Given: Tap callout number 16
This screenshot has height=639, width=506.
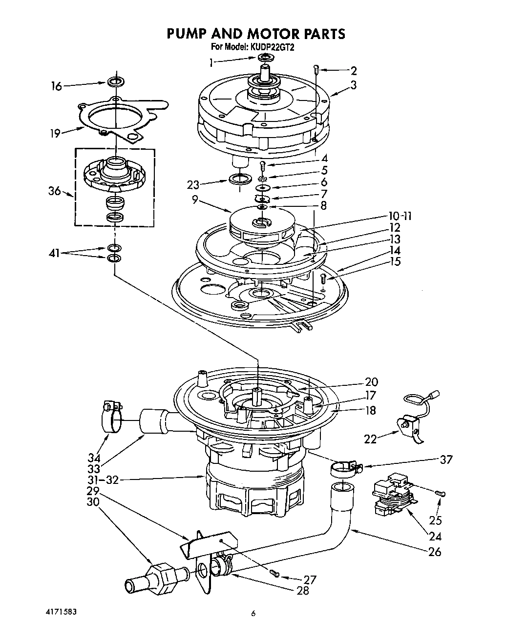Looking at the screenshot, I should coord(57,86).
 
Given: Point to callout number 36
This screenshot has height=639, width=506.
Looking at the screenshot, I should coord(54,191).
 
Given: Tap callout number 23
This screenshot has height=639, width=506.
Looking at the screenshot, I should coord(194,185).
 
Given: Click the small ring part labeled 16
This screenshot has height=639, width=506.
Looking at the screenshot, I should coord(115,81).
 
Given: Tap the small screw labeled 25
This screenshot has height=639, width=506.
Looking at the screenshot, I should coord(442,494).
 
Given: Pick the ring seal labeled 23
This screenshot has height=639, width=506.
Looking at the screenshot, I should coord(238,178).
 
